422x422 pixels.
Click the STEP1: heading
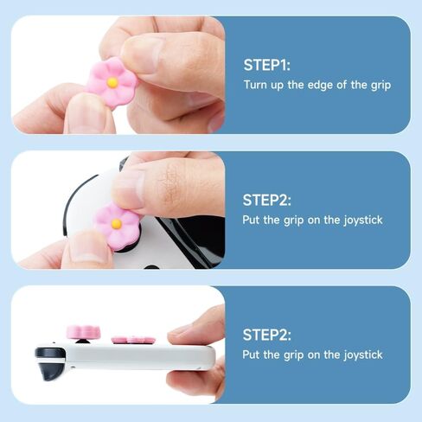click(267, 65)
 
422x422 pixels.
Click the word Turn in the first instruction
click(256, 85)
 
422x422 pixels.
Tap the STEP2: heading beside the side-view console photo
click(267, 335)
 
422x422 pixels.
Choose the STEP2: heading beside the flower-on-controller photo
click(267, 200)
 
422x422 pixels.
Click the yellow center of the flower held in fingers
click(112, 82)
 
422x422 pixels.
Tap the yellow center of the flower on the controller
click(116, 224)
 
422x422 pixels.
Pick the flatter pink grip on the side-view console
click(135, 339)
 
